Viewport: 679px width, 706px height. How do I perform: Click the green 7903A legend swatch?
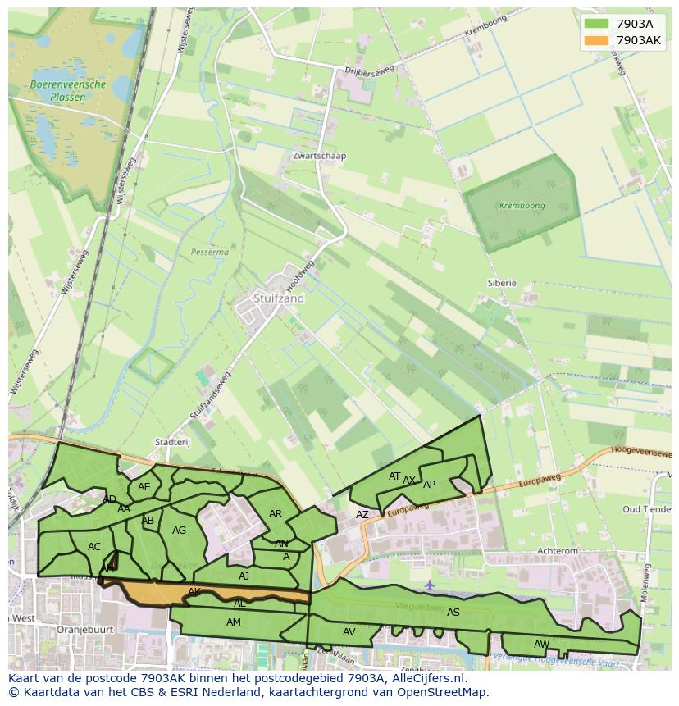[x=596, y=24]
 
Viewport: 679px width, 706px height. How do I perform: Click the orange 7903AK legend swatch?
[x=596, y=40]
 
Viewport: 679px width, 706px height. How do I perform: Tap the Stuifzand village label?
[x=278, y=298]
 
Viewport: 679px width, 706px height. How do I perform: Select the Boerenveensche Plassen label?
[x=68, y=90]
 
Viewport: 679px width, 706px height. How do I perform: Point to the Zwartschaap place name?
[x=320, y=156]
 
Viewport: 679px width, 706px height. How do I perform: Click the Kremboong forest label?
[x=522, y=206]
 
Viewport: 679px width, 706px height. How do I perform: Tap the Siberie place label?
[x=502, y=283]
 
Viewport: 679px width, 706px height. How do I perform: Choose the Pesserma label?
[x=209, y=253]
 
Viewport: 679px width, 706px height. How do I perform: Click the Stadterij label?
[x=172, y=442]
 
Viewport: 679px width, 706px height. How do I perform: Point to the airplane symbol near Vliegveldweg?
[x=431, y=585]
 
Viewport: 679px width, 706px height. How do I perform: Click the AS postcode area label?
[x=453, y=612]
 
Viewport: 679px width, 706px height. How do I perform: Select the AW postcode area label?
[x=541, y=644]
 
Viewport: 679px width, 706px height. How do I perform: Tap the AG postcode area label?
[x=179, y=531]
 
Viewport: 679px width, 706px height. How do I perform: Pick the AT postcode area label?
[x=394, y=476]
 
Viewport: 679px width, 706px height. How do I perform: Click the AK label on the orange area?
[x=194, y=591]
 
